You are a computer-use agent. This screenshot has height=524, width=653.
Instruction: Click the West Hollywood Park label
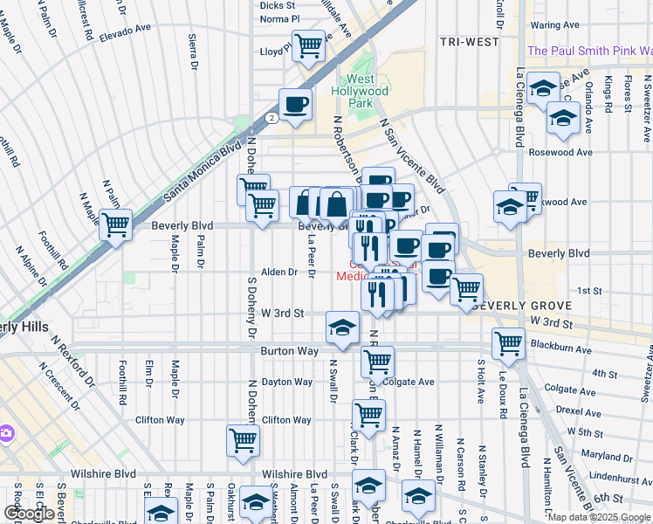click(360, 91)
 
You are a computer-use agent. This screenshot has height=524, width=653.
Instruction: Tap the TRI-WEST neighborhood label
click(470, 42)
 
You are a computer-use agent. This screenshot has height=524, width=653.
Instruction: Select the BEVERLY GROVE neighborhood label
click(521, 306)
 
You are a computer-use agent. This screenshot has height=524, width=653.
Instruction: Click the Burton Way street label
click(286, 351)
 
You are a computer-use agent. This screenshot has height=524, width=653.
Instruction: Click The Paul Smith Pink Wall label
click(589, 52)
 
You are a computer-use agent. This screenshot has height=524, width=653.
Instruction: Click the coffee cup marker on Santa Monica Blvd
click(295, 103)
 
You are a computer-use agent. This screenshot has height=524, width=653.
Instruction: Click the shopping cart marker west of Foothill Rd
click(115, 224)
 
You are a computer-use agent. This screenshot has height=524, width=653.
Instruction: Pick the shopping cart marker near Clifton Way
click(243, 439)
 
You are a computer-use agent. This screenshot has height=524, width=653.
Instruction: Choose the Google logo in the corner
click(29, 514)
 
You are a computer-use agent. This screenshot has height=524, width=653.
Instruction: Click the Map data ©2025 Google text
click(598, 517)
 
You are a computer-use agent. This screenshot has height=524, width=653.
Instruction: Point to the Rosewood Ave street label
click(560, 152)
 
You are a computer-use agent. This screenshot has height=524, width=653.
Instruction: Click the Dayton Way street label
click(287, 382)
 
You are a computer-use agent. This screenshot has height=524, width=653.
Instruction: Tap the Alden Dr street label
click(280, 272)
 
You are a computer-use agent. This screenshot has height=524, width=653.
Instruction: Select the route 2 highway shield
click(272, 117)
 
